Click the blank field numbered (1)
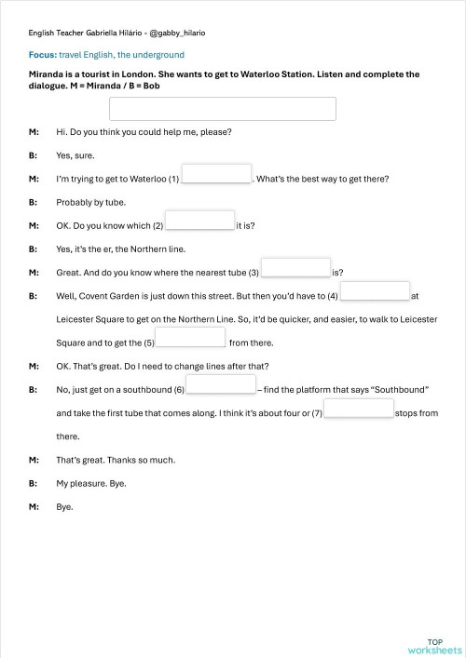tap(216, 174)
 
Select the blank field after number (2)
tap(199, 221)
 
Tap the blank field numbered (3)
tap(296, 268)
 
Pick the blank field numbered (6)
tap(221, 384)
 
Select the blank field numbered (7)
tap(359, 409)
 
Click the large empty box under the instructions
tap(222, 109)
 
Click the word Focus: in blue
tap(42, 55)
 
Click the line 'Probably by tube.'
tap(90, 202)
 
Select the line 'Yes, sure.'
tap(75, 155)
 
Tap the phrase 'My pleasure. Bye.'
tap(91, 484)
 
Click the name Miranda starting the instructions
tap(47, 74)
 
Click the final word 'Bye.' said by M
tap(64, 507)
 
